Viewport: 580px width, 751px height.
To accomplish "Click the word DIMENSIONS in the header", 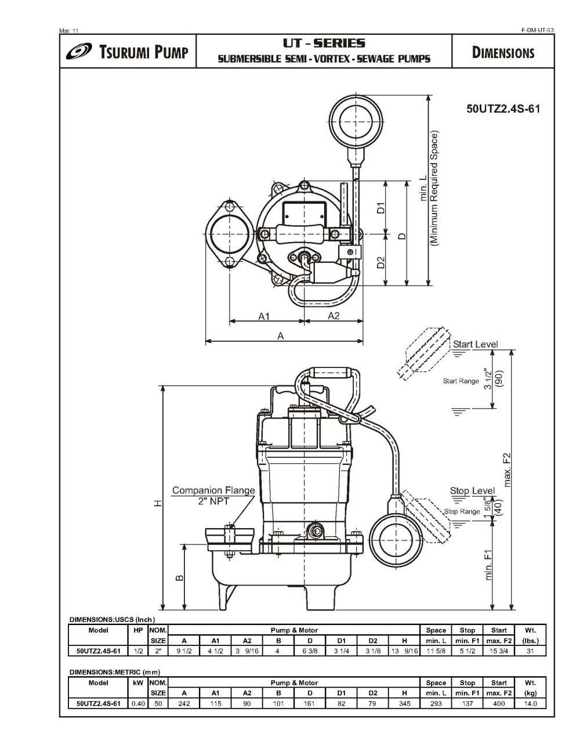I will [x=503, y=53].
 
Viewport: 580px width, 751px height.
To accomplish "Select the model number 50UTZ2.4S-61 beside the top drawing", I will [x=503, y=109].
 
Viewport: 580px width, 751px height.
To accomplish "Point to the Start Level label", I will [x=475, y=344].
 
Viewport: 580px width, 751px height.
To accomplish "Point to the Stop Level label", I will [x=472, y=491].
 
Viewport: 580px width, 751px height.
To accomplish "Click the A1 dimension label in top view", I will [x=264, y=316].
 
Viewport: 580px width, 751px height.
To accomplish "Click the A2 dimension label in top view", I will [x=333, y=316].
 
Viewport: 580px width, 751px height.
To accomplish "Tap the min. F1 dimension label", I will [x=489, y=565].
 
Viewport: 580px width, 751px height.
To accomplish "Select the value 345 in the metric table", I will [x=404, y=703].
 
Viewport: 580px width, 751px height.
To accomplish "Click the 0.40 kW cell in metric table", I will [x=138, y=703].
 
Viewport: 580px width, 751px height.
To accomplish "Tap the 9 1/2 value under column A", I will [x=184, y=651].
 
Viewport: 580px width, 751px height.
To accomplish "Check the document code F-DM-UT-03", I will [x=538, y=30].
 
